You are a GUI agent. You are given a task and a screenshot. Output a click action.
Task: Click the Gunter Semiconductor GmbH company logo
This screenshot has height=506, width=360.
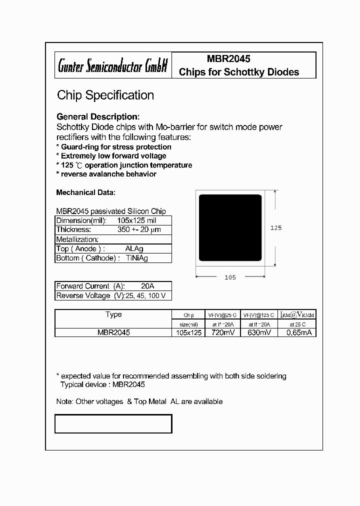(x=112, y=65)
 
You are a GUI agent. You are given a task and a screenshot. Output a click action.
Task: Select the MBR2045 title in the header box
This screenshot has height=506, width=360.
(x=228, y=58)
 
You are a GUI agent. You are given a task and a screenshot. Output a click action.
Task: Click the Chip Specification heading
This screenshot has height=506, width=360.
(x=105, y=95)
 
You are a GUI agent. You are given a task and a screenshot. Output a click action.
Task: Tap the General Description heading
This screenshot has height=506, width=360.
(x=101, y=116)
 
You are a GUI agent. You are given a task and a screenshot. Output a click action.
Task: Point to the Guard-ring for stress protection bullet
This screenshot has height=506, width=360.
(x=113, y=147)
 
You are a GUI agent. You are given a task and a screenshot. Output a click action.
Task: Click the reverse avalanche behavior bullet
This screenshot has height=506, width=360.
(x=106, y=174)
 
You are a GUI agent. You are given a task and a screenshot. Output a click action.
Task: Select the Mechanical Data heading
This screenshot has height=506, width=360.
(x=86, y=192)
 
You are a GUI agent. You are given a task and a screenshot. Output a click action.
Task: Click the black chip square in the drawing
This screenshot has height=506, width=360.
(x=230, y=227)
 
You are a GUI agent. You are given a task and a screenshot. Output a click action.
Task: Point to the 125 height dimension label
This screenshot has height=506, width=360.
(x=276, y=227)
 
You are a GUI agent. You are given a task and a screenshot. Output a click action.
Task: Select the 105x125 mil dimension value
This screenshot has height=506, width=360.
(x=137, y=220)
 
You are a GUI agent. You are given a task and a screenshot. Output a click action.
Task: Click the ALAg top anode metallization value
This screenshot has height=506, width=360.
(x=134, y=248)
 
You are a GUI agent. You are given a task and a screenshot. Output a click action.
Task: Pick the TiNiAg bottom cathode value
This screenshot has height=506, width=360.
(x=136, y=258)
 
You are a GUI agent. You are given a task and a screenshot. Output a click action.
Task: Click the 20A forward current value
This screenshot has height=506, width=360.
(x=147, y=286)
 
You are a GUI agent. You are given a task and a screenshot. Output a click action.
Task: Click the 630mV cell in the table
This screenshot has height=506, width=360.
(x=259, y=332)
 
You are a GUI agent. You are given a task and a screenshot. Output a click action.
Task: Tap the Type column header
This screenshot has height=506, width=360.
(x=113, y=314)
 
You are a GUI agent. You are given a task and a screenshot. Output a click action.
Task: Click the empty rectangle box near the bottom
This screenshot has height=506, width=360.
(x=113, y=423)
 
